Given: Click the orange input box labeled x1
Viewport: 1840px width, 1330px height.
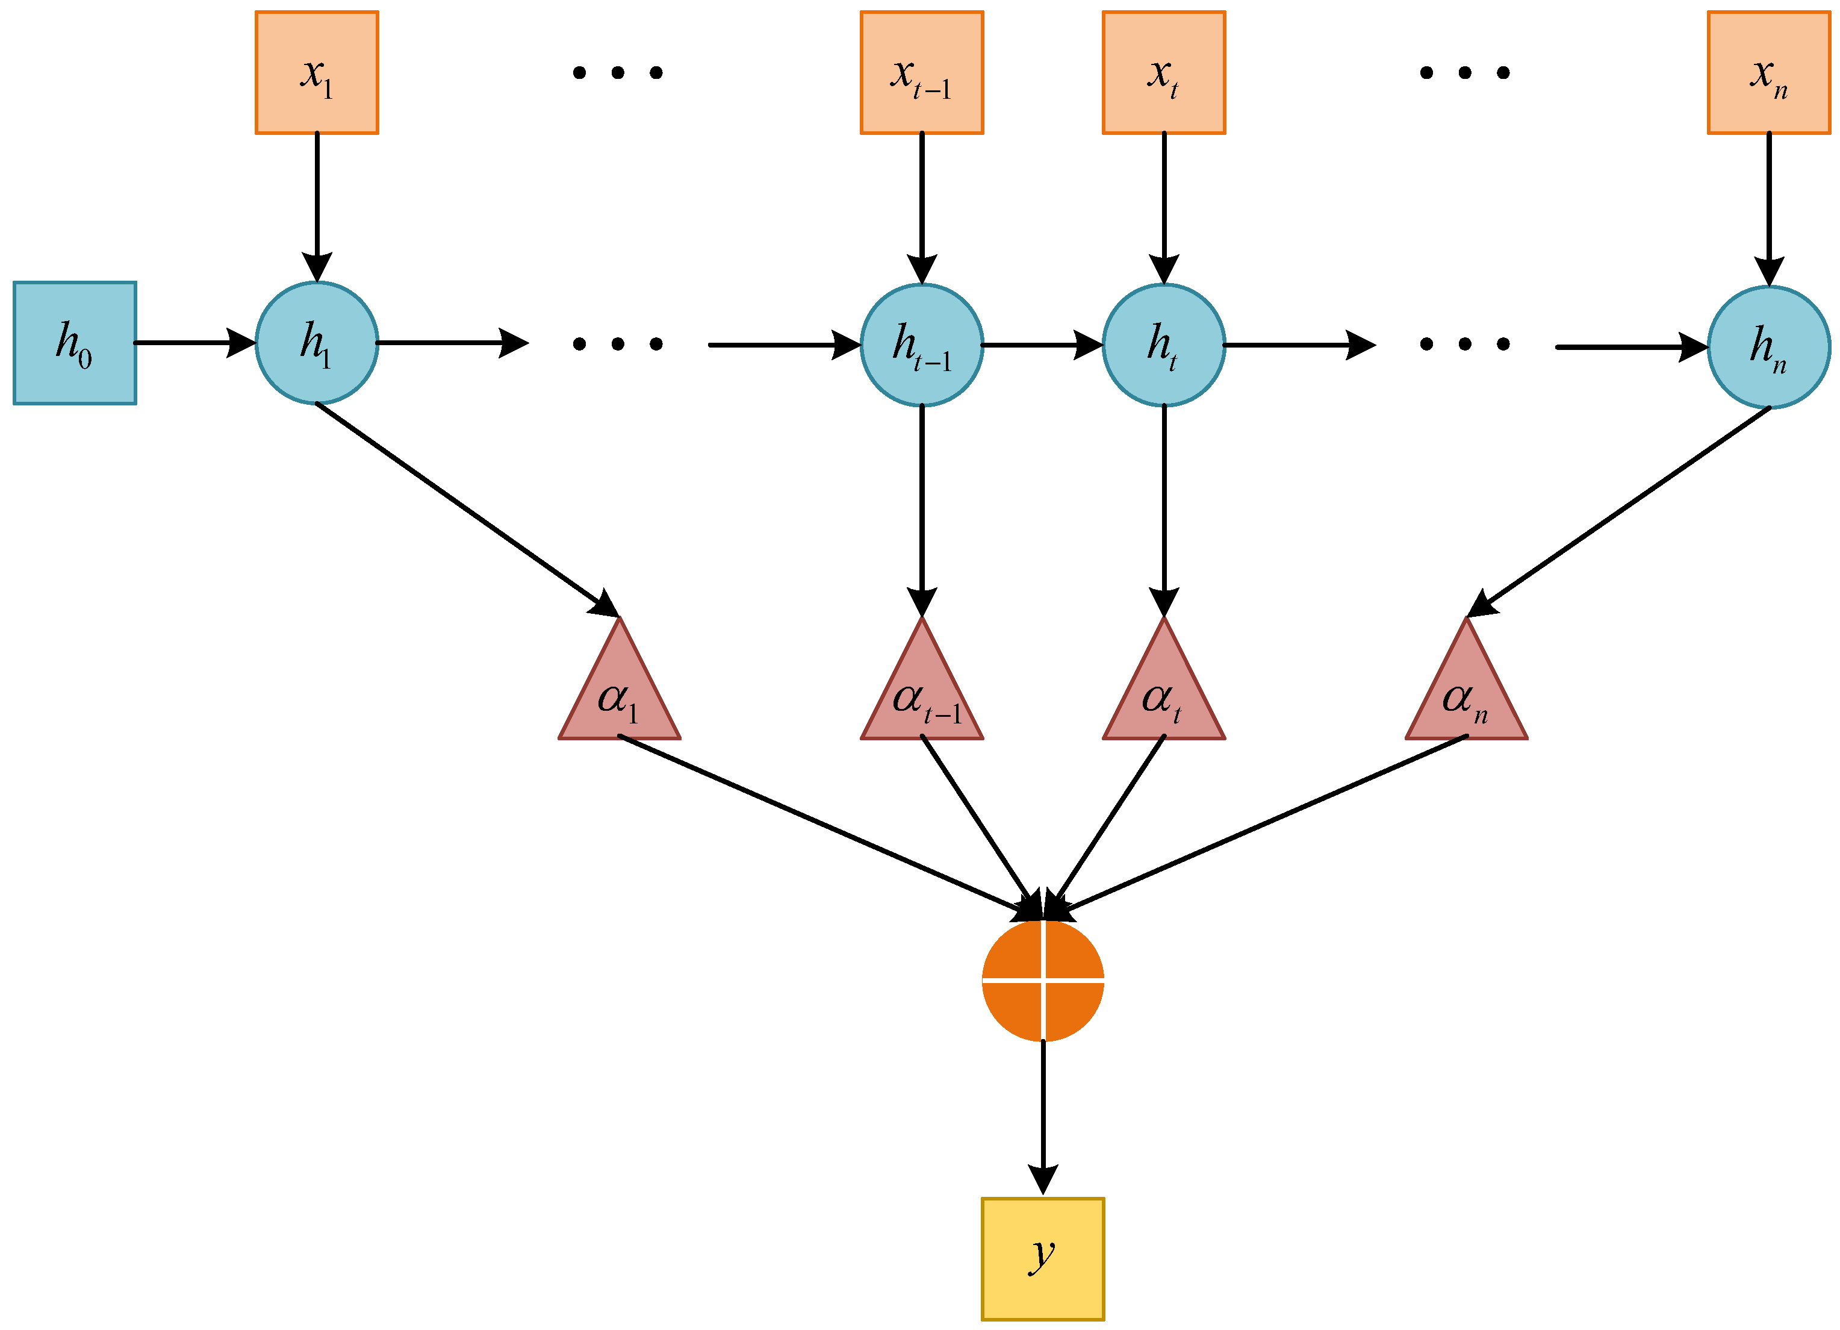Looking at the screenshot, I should [317, 72].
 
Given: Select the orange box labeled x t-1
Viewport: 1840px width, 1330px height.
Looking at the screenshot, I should [922, 72].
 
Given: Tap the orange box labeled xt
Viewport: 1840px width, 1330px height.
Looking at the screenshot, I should [1163, 72].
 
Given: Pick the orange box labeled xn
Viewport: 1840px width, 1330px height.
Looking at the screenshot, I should [1768, 72].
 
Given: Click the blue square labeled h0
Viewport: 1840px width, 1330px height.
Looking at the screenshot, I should [75, 343].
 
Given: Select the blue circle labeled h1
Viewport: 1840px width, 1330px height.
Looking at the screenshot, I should [317, 343].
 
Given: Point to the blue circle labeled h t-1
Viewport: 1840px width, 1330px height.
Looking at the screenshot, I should [922, 345].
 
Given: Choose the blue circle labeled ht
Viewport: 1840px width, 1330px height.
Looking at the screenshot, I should [1163, 345].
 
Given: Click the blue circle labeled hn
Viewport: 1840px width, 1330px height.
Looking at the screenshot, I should [1768, 348].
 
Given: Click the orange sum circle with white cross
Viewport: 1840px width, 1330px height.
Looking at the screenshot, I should [1042, 980].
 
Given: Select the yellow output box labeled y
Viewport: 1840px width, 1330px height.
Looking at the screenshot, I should [1042, 1258].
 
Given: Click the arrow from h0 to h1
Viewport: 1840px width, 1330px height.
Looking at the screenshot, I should [194, 343].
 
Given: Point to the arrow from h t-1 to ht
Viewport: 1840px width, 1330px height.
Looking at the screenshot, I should [1042, 345].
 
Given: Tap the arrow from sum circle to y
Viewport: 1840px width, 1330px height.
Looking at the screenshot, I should [1042, 1116].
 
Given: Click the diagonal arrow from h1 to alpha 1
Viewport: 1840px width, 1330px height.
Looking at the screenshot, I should [467, 510].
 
